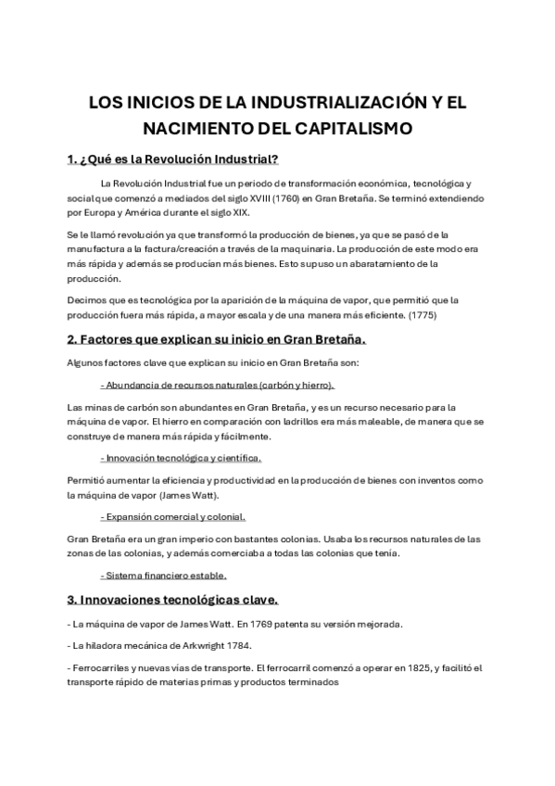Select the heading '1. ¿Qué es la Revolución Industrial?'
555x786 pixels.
point(173,159)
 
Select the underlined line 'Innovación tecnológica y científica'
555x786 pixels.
point(181,457)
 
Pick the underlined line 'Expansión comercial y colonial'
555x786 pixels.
point(172,516)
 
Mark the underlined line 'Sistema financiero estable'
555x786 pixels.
point(163,576)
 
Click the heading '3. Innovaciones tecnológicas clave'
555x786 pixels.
point(180,598)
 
